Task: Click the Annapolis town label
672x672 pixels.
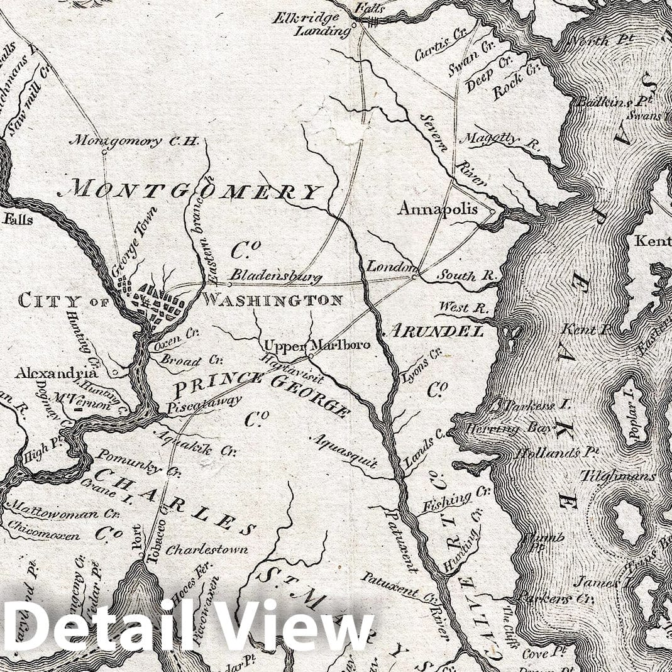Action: click(x=438, y=209)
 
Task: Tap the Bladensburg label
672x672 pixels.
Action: click(x=275, y=275)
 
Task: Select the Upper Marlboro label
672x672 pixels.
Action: click(x=317, y=346)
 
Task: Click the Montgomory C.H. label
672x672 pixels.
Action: click(x=133, y=141)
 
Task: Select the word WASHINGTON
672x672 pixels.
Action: click(x=272, y=300)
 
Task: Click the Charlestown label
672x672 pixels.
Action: click(x=206, y=549)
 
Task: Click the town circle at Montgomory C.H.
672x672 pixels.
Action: click(x=104, y=151)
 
